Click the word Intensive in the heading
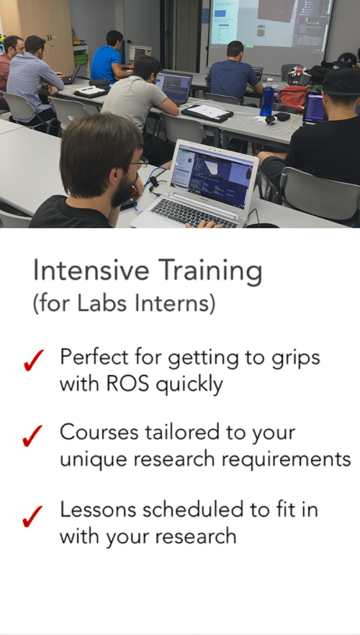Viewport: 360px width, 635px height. [91, 270]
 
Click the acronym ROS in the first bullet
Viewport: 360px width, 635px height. [127, 384]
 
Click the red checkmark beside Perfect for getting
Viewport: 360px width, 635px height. [33, 360]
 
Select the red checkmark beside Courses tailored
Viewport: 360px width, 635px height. [32, 436]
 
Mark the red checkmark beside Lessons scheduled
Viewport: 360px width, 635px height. [32, 516]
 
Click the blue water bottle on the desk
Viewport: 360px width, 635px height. [267, 97]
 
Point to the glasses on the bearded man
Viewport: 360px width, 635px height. [139, 163]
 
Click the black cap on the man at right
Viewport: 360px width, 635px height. [341, 81]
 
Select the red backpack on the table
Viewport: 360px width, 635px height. [292, 97]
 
